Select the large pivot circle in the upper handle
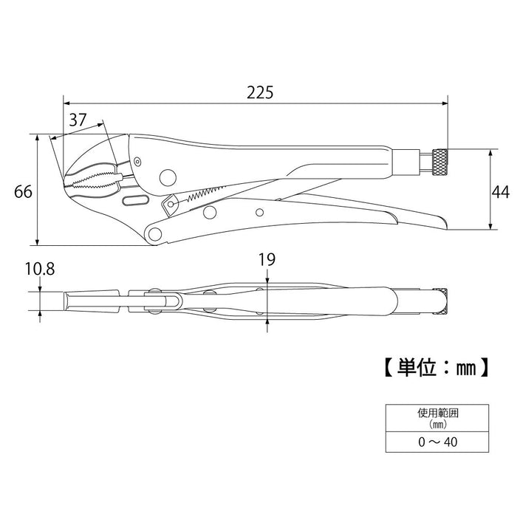click(168, 177)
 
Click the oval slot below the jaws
click(134, 202)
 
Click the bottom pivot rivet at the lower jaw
click(155, 234)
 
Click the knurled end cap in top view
click(440, 302)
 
